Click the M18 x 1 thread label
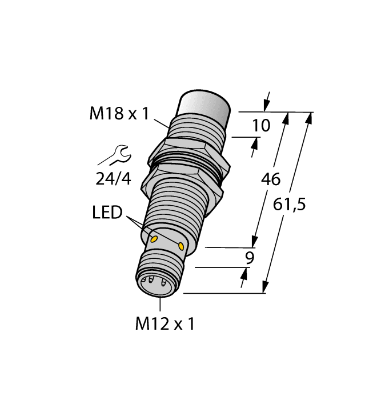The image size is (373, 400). point(119,114)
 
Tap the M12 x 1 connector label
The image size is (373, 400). point(165,324)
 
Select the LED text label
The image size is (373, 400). point(107,213)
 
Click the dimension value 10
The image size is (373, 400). point(261,126)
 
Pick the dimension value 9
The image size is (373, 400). point(249,258)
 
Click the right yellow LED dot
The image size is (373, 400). point(182,246)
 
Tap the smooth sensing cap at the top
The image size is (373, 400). point(204,106)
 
